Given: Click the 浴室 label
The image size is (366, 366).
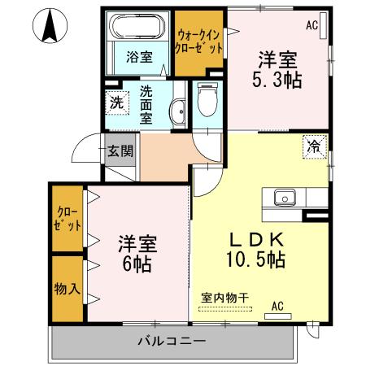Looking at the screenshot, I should (139, 57).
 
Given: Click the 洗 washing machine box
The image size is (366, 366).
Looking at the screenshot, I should (117, 103).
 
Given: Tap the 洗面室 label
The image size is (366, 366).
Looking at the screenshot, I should (146, 104).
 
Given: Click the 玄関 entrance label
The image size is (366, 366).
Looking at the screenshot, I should (121, 151).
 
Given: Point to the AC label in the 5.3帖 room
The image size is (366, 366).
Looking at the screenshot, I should (312, 25).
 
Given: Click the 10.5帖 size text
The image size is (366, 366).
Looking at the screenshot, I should (256, 261).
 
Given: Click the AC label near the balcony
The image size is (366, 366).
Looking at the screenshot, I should (277, 307).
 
